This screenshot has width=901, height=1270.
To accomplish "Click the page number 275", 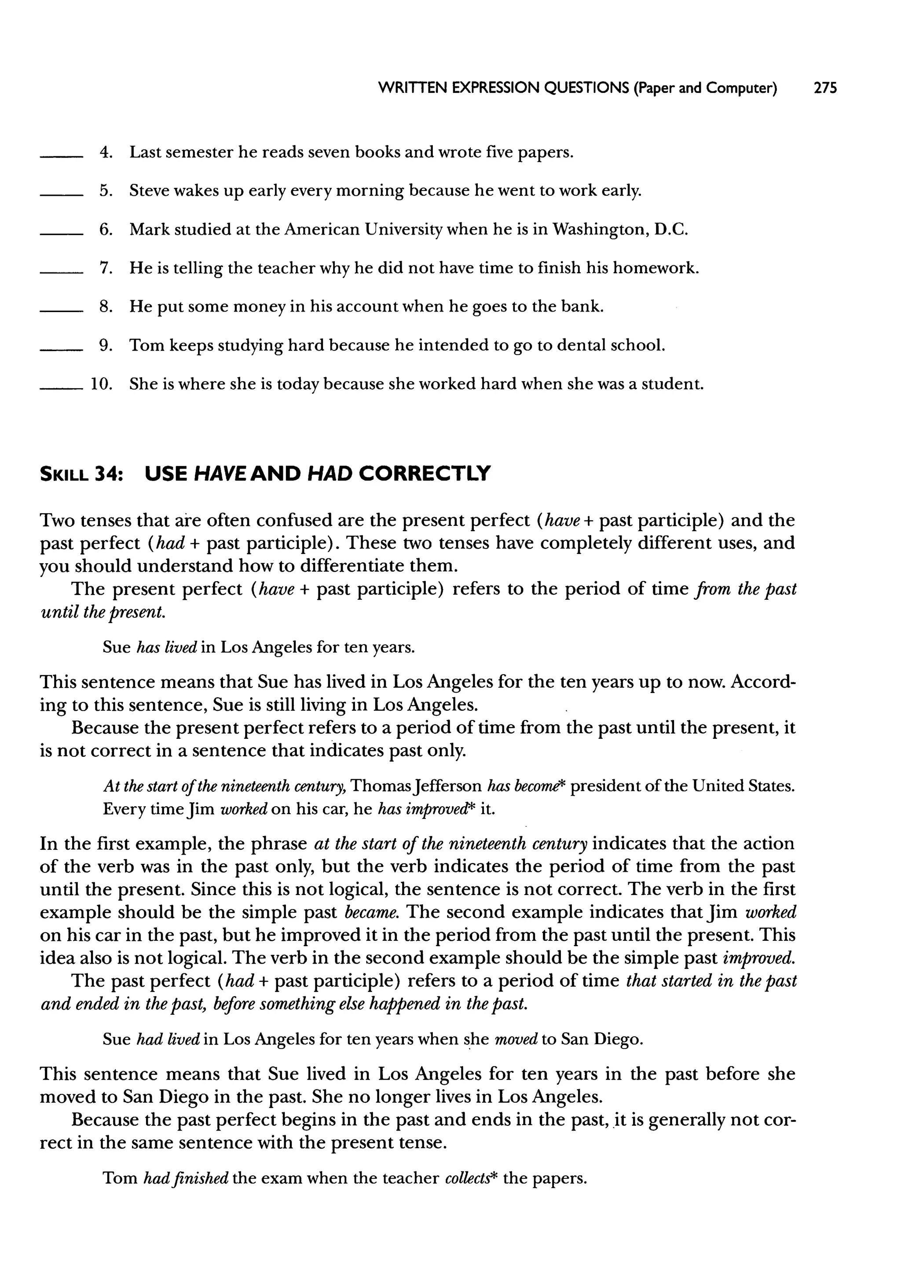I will click(824, 88).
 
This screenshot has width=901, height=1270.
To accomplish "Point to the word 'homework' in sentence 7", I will click(654, 268).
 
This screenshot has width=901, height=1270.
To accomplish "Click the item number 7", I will click(106, 268).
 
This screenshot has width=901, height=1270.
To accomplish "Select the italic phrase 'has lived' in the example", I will click(167, 647).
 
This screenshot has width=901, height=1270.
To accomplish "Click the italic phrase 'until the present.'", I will click(103, 613).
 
